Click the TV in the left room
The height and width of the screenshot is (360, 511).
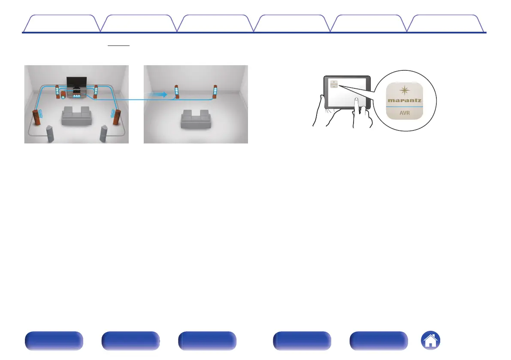point(76,82)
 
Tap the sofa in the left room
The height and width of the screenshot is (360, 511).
point(76,115)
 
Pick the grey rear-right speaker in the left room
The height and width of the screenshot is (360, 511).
point(104,133)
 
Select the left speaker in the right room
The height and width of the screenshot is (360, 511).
point(176,92)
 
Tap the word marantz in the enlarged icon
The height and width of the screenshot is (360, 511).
point(404,101)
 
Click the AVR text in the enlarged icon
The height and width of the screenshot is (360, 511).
point(404,115)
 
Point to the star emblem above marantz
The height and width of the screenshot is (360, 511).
point(404,90)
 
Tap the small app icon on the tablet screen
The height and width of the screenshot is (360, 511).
point(334,83)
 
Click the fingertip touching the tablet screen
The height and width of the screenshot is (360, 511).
point(356,101)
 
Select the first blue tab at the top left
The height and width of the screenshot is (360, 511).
point(60,24)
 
